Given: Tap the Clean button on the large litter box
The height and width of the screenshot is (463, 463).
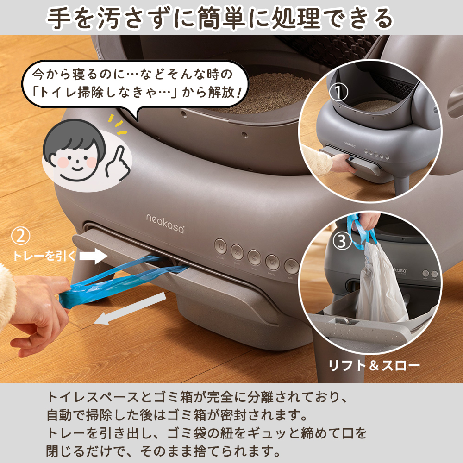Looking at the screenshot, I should click(237, 251).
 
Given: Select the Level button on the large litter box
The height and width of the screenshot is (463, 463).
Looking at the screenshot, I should click(254, 256).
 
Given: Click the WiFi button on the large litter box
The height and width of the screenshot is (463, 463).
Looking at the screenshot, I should click(290, 265).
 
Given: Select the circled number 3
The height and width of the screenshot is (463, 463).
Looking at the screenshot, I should click(340, 241).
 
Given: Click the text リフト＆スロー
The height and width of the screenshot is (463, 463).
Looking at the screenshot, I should click(374, 366).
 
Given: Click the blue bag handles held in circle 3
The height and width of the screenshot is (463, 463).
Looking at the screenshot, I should click(363, 231).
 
